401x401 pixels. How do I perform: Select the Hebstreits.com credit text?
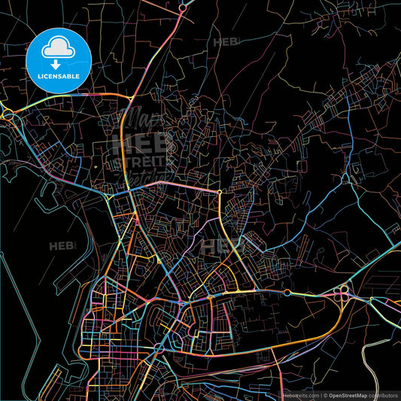pos(300,394)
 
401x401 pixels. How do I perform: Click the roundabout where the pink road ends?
pos(219,193)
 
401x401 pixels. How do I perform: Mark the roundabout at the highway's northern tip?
pos(183,8)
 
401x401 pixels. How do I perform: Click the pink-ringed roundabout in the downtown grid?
pos(159,348)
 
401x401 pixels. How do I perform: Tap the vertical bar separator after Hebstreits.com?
pos(320,394)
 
